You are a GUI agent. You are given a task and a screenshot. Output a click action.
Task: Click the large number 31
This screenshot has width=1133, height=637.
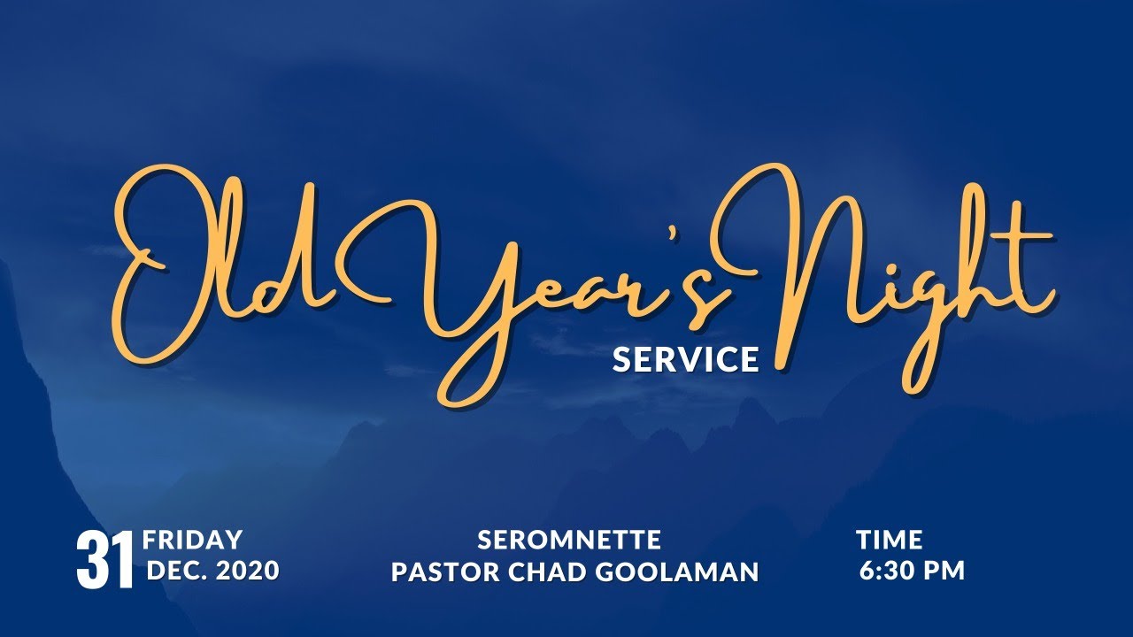coord(105,560)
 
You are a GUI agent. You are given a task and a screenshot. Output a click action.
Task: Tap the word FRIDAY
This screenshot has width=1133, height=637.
coord(192,540)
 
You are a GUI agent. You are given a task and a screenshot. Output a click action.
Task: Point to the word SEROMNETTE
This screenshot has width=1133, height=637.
coord(569,540)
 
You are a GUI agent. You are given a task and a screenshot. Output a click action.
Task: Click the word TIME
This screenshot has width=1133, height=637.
coord(889,540)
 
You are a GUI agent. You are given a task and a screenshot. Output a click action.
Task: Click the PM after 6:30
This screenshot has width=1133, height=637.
coord(944,571)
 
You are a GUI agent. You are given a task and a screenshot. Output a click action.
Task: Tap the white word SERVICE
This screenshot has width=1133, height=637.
coord(686,359)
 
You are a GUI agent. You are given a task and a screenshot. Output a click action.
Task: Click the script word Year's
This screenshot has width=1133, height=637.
coord(566,283)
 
